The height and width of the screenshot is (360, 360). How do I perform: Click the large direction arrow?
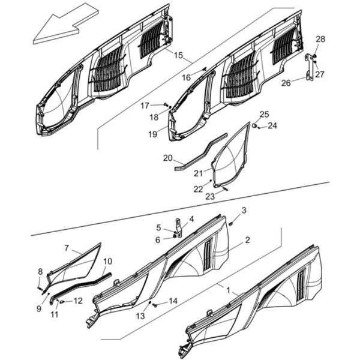pos(65,25)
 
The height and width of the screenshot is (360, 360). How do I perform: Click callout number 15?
pos(178,55)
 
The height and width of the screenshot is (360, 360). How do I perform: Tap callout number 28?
pos(320,39)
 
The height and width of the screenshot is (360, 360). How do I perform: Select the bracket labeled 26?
pos(309,67)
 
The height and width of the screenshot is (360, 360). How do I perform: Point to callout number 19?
pos(152,134)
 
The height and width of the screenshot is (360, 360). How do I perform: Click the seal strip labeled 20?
pos(201,152)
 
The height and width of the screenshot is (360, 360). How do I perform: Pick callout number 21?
pos(199,173)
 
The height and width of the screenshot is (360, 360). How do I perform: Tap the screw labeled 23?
pos(225,189)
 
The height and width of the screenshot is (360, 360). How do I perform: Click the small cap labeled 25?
pos(254,125)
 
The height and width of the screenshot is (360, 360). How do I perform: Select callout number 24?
pos(272,125)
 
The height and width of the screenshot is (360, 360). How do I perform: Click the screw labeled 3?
pos(231,223)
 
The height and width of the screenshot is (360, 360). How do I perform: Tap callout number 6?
pos(158,240)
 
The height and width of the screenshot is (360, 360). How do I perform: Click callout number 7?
pos(67,248)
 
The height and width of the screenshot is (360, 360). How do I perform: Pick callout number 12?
pos(78,301)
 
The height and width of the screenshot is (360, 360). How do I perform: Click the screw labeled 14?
pos(155,305)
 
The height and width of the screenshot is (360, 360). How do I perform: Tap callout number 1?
pos(228,290)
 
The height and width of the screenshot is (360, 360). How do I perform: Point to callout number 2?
pos(247,240)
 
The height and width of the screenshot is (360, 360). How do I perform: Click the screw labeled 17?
pos(166,104)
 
